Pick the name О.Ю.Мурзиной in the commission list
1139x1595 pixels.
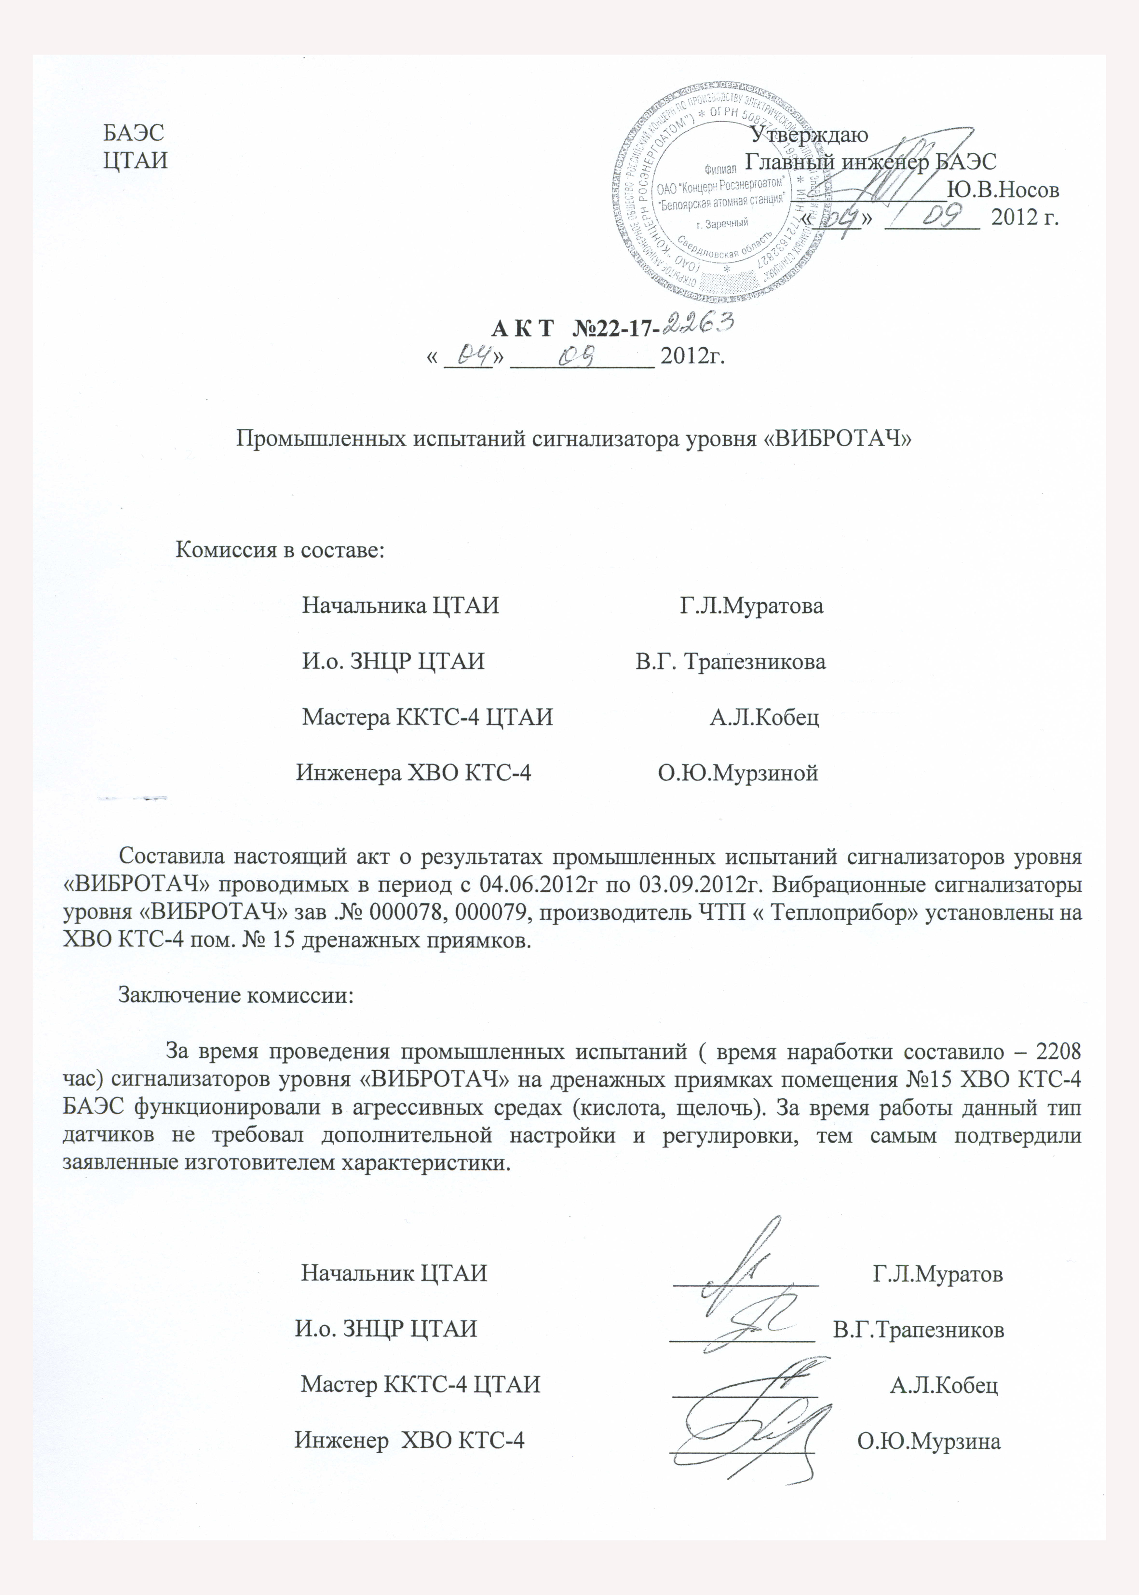(x=738, y=774)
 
